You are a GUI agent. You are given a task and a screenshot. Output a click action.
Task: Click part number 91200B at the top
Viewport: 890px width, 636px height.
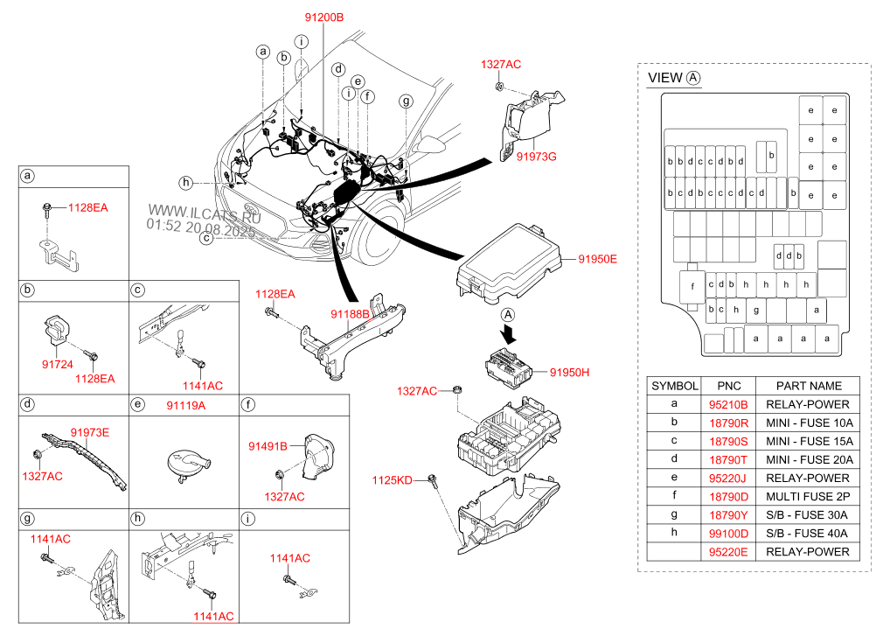324,17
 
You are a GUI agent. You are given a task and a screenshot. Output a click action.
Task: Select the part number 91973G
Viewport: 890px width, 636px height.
536,156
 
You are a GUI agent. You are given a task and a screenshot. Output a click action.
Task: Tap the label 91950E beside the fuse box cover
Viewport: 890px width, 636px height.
597,259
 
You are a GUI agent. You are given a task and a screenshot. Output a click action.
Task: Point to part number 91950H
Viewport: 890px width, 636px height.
570,372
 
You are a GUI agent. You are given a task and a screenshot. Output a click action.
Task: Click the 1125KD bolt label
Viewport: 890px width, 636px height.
392,479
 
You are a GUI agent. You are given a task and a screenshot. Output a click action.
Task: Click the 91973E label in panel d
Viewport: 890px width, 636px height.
89,431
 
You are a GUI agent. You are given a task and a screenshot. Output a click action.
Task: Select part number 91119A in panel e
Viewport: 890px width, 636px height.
185,405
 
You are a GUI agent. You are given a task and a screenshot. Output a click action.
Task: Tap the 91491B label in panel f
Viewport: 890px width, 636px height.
269,446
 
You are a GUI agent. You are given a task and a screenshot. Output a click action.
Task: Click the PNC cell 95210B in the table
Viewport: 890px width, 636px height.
728,404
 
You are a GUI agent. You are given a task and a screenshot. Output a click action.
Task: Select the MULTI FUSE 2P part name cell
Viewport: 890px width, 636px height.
807,496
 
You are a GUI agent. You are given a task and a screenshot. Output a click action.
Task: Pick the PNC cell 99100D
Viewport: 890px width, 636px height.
728,533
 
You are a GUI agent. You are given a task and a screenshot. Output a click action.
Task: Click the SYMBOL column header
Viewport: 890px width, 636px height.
675,386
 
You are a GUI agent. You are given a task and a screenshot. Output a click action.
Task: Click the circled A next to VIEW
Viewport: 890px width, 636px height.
694,78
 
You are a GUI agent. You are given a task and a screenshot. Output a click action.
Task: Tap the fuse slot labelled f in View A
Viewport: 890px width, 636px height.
692,285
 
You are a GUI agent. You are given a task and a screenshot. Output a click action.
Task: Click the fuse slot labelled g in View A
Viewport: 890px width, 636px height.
755,309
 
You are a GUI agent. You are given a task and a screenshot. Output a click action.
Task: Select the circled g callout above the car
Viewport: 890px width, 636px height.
406,101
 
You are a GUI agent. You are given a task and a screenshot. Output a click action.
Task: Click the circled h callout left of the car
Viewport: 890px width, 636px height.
185,182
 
